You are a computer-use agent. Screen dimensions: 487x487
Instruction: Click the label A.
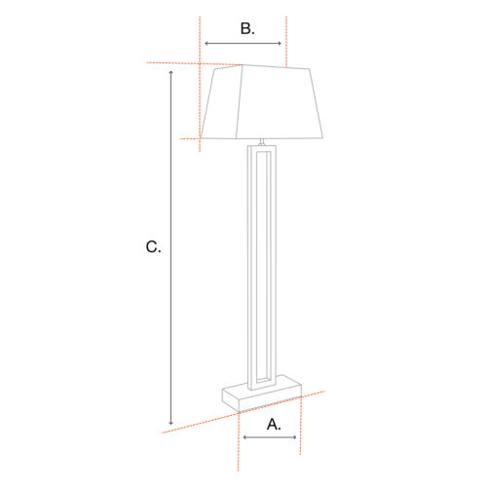(274, 425)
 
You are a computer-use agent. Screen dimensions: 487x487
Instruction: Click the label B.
(247, 28)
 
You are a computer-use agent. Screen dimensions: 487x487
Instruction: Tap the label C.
(153, 247)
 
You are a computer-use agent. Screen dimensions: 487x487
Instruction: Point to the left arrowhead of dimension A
(245, 437)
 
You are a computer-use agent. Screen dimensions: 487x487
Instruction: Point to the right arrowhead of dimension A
(294, 437)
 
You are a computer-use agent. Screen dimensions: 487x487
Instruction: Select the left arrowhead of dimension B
(207, 44)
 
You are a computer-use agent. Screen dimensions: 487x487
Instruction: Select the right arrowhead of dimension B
(279, 44)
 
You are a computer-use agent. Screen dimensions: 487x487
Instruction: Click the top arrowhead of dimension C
(170, 72)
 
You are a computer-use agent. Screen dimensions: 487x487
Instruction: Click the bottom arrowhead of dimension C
(170, 423)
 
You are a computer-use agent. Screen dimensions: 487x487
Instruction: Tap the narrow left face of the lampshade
(223, 103)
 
